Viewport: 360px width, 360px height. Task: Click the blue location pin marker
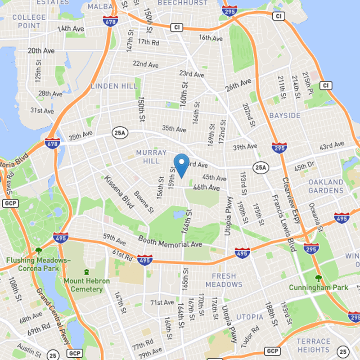pos(181,164)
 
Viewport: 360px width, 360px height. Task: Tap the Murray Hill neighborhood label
pos(151,157)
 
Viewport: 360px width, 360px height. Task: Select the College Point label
pos(29,21)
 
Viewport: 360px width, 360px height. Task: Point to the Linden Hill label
pos(111,86)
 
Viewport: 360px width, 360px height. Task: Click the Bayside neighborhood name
pos(285,116)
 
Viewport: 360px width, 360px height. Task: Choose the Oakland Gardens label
pos(326,186)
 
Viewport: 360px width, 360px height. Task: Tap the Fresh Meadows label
pos(224,280)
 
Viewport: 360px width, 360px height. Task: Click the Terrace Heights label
pos(314,345)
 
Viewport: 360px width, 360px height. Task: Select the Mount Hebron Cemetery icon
pos(86,272)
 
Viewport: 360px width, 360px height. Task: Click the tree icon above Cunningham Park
pos(319,278)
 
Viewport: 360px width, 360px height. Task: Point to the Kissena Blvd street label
pos(119,192)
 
